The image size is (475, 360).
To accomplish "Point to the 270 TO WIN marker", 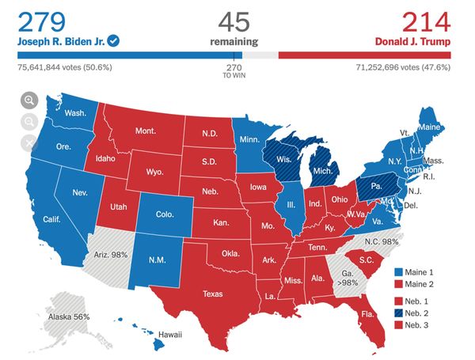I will (x=234, y=72).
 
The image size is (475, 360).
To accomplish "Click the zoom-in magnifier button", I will (x=29, y=100).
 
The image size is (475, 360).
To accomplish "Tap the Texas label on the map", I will (x=213, y=294).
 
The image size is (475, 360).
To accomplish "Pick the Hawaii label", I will (x=168, y=335).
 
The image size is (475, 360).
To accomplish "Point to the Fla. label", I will (x=367, y=313).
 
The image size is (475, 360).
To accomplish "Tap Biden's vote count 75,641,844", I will (x=66, y=68).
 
